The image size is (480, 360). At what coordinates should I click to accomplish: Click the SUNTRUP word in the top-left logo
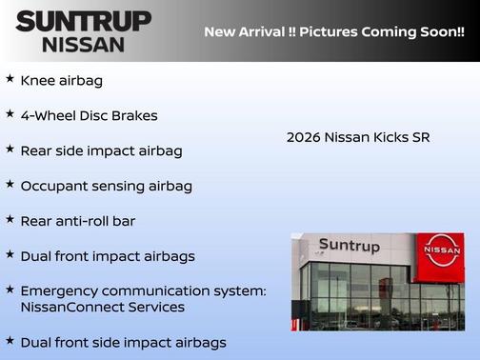tap(83, 21)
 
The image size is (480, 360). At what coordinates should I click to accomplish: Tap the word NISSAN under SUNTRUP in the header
tap(83, 44)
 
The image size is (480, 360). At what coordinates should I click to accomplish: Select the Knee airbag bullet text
tap(61, 81)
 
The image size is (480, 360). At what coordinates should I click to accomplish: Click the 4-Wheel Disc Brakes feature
tap(89, 116)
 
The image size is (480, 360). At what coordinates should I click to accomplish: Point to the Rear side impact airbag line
tap(101, 150)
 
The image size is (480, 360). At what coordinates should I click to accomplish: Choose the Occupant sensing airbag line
tap(106, 186)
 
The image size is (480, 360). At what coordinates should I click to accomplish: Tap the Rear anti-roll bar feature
tap(78, 221)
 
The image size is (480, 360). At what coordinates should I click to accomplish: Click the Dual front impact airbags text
tap(108, 255)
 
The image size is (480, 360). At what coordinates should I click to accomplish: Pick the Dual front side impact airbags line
tap(124, 342)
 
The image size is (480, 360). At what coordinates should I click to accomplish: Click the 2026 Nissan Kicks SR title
tap(358, 137)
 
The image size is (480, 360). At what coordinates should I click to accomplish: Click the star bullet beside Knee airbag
tap(10, 79)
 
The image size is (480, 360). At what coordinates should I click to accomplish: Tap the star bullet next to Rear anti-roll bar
tap(10, 219)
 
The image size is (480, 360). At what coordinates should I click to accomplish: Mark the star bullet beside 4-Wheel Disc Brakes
tap(10, 114)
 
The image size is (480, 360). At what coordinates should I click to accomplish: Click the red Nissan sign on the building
tap(442, 252)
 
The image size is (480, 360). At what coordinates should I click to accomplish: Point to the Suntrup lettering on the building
tap(349, 247)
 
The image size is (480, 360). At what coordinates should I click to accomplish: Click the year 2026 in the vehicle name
tap(303, 137)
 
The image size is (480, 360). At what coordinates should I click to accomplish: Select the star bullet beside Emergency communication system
tap(10, 289)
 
